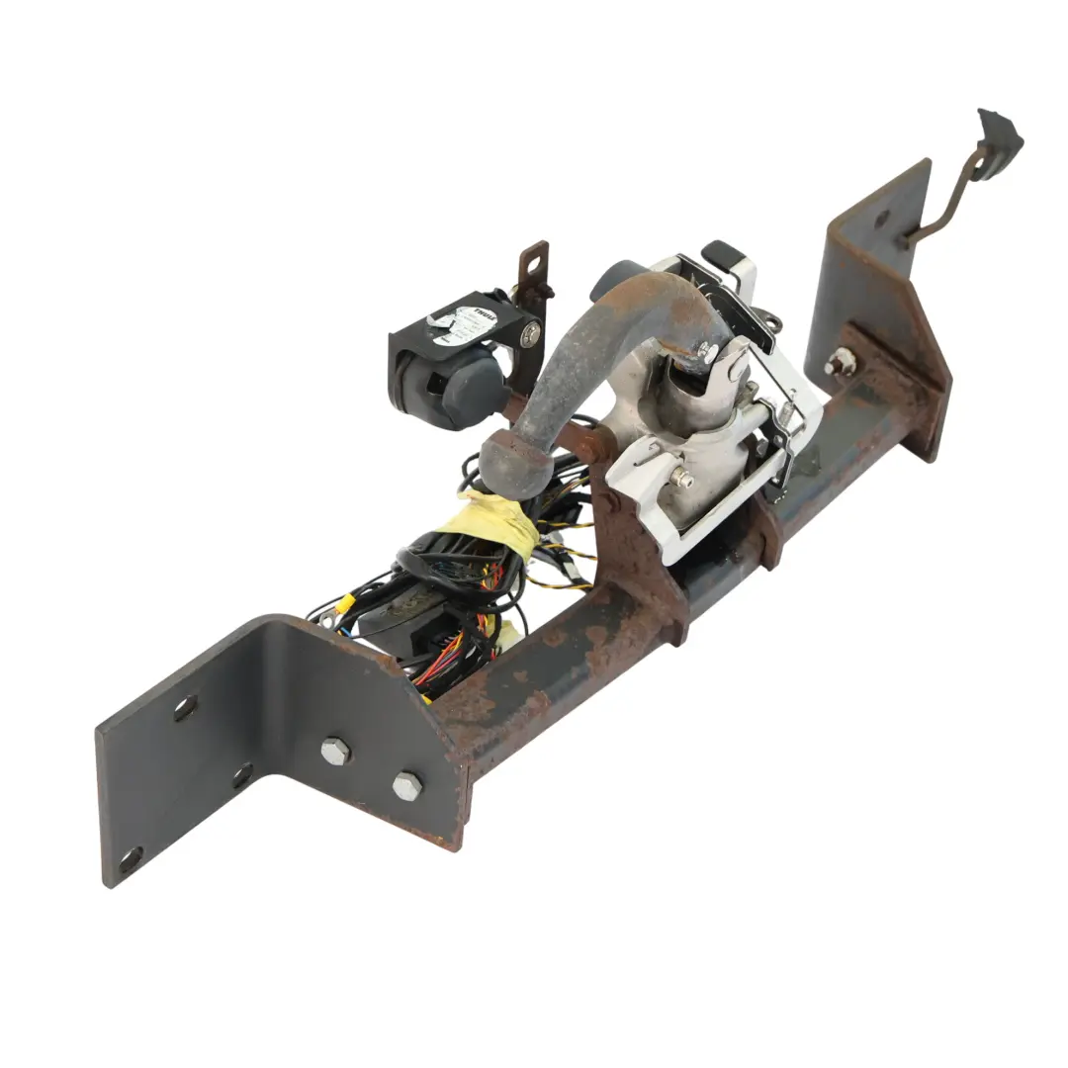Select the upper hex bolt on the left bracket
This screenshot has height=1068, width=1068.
[336, 751]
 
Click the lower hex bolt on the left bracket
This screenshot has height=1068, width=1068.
[406, 786]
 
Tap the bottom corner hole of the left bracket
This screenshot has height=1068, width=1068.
[130, 857]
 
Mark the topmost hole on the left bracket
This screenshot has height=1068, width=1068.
[184, 707]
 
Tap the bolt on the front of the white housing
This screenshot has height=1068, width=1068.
[683, 481]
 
